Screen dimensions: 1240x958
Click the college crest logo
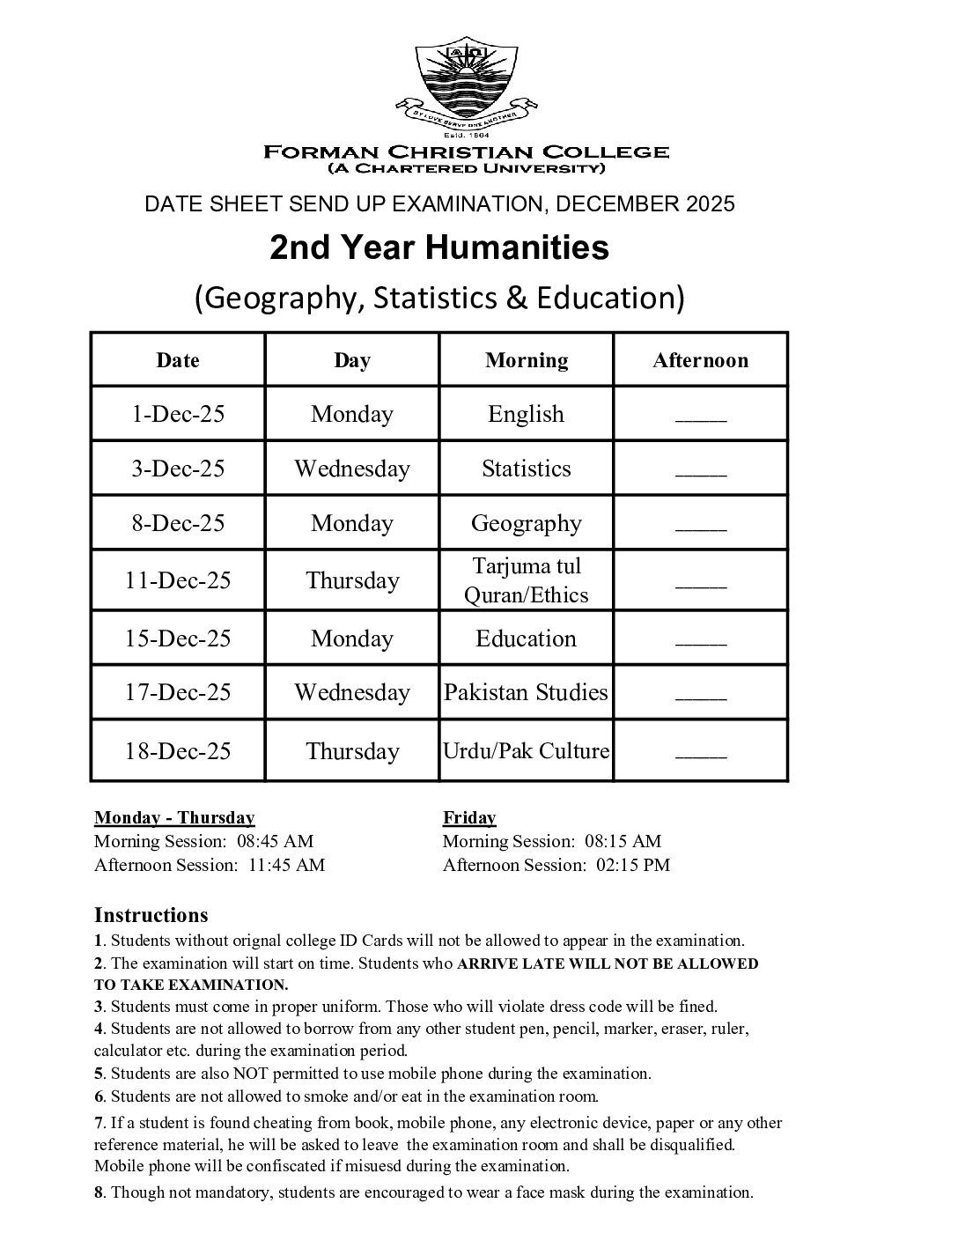click(x=466, y=85)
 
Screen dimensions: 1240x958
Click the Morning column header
click(x=527, y=360)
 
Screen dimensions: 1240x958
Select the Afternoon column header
click(x=700, y=360)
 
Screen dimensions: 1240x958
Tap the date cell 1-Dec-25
click(x=178, y=414)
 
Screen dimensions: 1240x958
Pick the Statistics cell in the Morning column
click(x=527, y=469)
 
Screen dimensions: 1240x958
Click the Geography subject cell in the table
click(x=527, y=523)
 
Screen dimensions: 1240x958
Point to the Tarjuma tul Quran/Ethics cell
click(x=527, y=580)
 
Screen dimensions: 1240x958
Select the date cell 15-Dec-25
click(x=178, y=638)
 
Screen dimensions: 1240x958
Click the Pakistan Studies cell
click(x=527, y=692)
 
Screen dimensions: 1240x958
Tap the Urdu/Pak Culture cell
click(x=527, y=751)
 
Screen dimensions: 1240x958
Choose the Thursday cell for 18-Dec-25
click(x=352, y=751)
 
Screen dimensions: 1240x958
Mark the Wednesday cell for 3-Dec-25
click(x=352, y=469)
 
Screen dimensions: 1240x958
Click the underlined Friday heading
click(x=469, y=818)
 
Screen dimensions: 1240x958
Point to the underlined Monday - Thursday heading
click(x=174, y=818)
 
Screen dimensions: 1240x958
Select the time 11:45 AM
click(x=286, y=865)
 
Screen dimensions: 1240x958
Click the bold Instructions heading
click(x=151, y=915)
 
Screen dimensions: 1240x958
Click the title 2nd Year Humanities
click(x=438, y=248)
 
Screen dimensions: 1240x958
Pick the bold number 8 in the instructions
click(x=99, y=1193)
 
